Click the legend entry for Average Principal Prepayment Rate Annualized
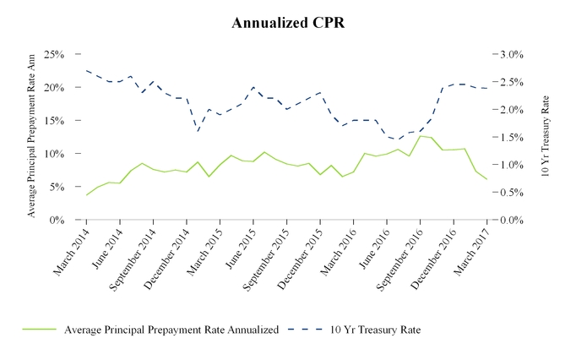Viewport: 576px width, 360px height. tap(171, 330)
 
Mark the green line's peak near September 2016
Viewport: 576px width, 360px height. tap(420, 136)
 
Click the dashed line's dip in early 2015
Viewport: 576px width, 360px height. tap(198, 131)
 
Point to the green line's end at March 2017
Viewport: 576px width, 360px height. tap(486, 180)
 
